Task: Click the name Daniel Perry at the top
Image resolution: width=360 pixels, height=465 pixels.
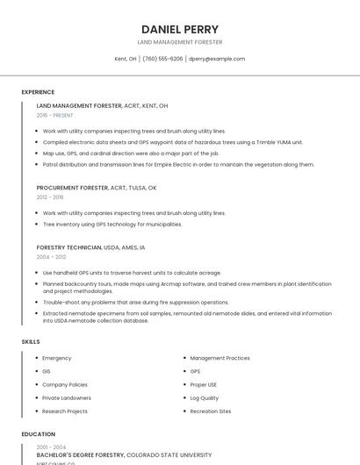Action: pyautogui.click(x=180, y=29)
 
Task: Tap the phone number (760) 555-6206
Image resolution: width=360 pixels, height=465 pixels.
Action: pyautogui.click(x=162, y=59)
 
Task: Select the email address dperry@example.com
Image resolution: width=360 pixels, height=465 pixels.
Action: pyautogui.click(x=217, y=59)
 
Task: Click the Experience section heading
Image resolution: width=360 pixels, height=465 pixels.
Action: pyautogui.click(x=38, y=92)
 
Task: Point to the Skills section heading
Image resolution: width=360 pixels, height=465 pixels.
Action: pyautogui.click(x=31, y=341)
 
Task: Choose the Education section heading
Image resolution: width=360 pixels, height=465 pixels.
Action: pyautogui.click(x=38, y=434)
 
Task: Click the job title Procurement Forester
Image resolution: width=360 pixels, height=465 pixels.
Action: pyautogui.click(x=72, y=188)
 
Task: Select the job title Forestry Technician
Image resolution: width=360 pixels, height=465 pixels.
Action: pyautogui.click(x=69, y=247)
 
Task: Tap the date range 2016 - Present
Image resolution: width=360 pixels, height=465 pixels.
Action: pyautogui.click(x=55, y=115)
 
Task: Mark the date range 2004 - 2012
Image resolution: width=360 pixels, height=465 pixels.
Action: pyautogui.click(x=51, y=257)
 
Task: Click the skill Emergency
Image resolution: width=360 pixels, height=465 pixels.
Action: pyautogui.click(x=57, y=358)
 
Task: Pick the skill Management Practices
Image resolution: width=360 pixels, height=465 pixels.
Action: pyautogui.click(x=220, y=358)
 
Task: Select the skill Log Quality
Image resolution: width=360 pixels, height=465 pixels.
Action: pyautogui.click(x=205, y=397)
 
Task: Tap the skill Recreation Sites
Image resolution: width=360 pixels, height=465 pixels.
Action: pyautogui.click(x=211, y=411)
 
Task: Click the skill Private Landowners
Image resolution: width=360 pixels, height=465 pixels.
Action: pyautogui.click(x=67, y=397)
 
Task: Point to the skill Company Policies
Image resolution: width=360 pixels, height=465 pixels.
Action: pyautogui.click(x=65, y=384)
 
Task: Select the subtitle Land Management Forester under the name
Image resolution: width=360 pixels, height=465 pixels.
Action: pyautogui.click(x=180, y=42)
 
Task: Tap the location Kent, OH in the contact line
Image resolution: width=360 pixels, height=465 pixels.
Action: pyautogui.click(x=126, y=59)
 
